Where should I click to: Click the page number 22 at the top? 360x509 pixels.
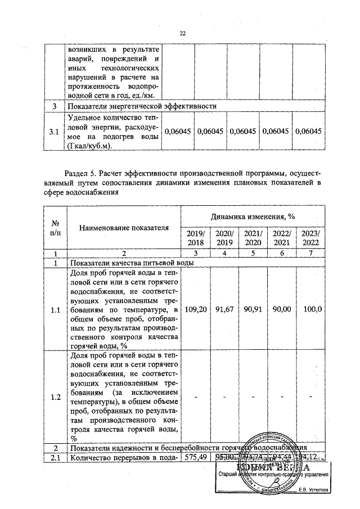coord(182,33)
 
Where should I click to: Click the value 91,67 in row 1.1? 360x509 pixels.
coord(224,310)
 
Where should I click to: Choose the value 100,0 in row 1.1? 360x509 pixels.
coord(312,310)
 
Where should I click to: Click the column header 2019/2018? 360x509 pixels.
coord(195,238)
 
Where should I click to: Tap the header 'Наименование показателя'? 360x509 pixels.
coord(124,228)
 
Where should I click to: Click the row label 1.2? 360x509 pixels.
coord(55,398)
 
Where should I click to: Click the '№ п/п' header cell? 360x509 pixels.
coord(55,228)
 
